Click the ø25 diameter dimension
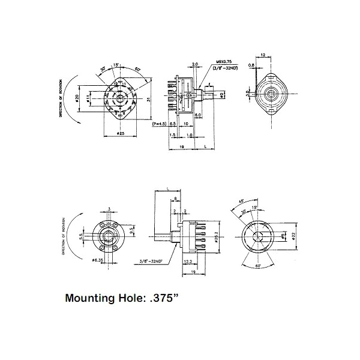coord(120,133)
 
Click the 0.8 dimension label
coord(251,65)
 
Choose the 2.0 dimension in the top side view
coord(195,64)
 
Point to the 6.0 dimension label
coord(199,115)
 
